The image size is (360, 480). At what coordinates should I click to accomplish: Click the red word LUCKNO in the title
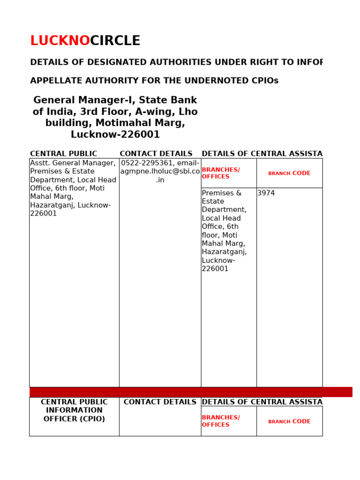tap(60, 41)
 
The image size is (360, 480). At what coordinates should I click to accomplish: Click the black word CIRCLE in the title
tap(115, 41)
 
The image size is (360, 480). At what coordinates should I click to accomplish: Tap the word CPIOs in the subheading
tap(264, 81)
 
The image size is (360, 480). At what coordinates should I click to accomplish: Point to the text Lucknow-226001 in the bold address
tap(115, 135)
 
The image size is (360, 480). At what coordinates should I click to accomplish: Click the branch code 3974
tap(266, 193)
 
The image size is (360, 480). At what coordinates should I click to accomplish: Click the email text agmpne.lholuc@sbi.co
tap(160, 172)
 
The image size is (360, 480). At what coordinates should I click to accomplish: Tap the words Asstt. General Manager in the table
tap(73, 163)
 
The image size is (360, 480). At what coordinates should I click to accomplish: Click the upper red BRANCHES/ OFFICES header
tap(220, 173)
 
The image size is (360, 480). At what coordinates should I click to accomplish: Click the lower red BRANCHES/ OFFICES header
tap(220, 421)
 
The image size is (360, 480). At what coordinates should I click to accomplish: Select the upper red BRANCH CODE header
tap(289, 173)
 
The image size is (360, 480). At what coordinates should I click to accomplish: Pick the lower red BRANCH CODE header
tap(289, 421)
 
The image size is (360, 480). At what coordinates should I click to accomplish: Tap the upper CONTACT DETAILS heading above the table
tap(156, 154)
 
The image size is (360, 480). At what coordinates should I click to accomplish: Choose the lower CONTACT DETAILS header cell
tap(160, 402)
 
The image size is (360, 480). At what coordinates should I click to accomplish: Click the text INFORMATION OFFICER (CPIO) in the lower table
tap(74, 415)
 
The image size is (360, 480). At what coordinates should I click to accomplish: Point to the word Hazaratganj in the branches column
tap(224, 252)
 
